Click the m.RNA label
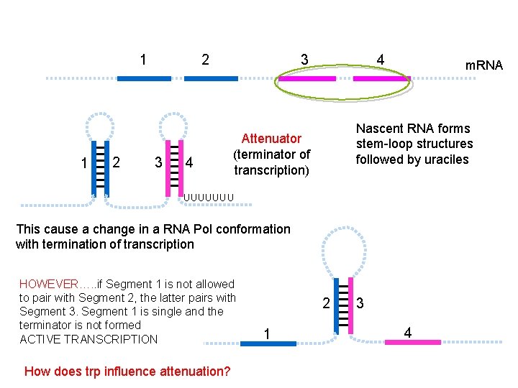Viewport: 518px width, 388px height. click(x=483, y=65)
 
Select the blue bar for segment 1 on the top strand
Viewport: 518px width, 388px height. click(x=144, y=78)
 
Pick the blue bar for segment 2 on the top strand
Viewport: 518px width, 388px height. click(x=211, y=78)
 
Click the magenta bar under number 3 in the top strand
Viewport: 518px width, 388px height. click(x=307, y=78)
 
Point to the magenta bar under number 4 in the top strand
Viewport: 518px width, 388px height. click(x=379, y=78)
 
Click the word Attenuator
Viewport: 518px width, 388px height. click(x=271, y=138)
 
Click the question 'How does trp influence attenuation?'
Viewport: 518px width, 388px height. click(x=127, y=371)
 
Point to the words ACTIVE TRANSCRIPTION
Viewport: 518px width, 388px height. click(x=88, y=339)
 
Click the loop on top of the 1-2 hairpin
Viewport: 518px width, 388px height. click(x=100, y=124)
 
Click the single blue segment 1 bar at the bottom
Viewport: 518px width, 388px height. click(x=268, y=343)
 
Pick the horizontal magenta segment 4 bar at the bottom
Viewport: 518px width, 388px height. click(x=412, y=341)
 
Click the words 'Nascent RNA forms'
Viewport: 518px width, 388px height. click(x=413, y=129)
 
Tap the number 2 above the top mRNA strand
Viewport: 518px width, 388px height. click(x=206, y=59)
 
